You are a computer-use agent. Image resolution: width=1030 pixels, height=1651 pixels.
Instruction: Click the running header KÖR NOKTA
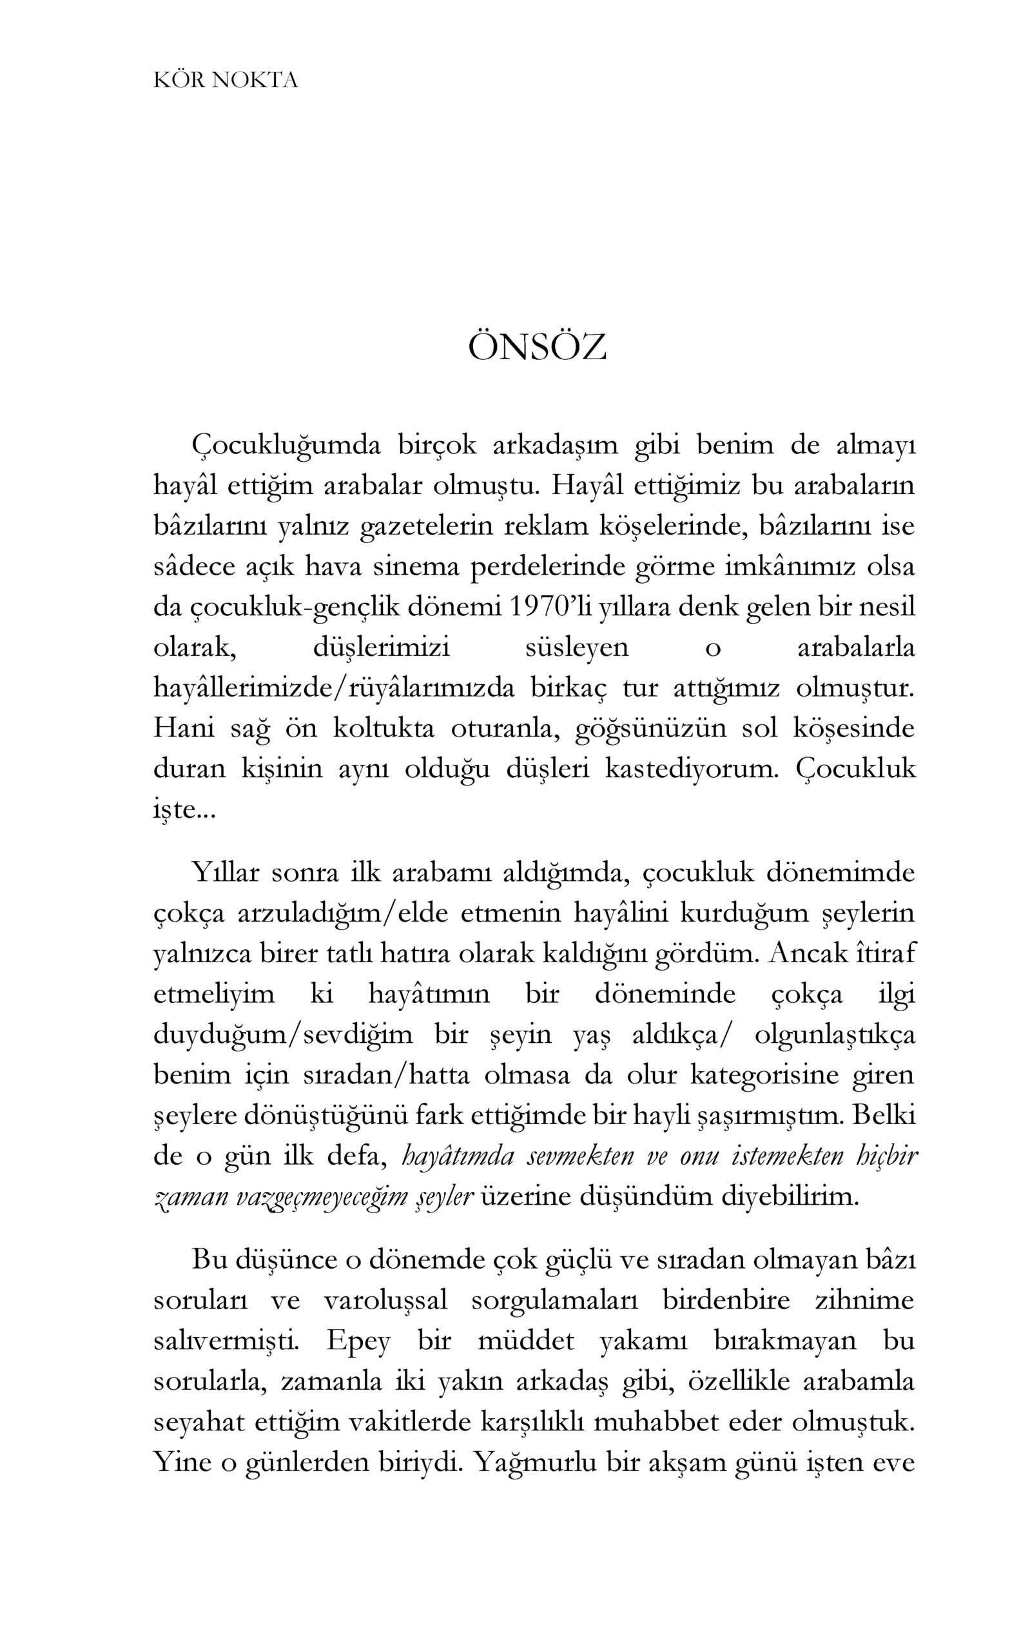tap(226, 81)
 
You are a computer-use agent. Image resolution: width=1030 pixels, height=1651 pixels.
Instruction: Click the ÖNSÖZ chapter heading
tap(537, 348)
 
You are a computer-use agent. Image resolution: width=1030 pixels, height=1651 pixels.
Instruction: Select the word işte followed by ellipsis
tap(182, 809)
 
